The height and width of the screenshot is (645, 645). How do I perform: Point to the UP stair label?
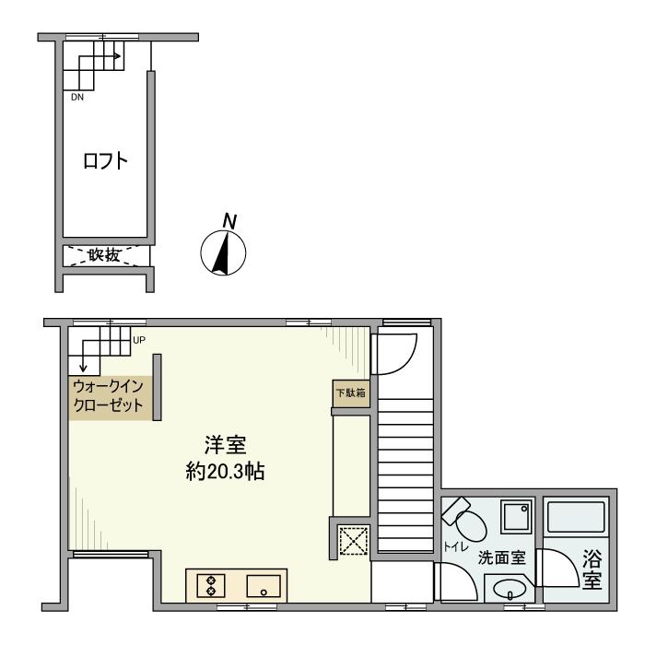(x=139, y=340)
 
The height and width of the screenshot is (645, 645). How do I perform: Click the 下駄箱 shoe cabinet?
(x=350, y=393)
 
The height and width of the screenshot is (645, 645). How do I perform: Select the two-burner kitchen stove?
(x=211, y=586)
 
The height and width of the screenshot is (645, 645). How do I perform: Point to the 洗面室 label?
(x=501, y=558)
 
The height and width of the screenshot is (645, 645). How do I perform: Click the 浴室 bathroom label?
(x=592, y=570)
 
